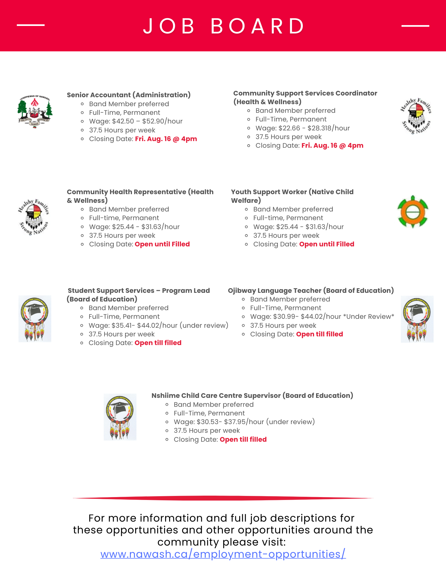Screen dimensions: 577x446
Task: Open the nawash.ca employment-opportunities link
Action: (x=223, y=554)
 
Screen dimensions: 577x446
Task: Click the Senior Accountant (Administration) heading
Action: (x=129, y=95)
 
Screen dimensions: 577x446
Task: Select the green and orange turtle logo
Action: (x=413, y=212)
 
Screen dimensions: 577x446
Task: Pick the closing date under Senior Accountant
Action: (x=166, y=139)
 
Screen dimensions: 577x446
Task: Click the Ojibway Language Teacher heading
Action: (x=311, y=291)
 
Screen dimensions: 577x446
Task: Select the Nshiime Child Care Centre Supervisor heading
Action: (x=252, y=396)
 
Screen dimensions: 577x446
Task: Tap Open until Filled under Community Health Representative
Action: (x=162, y=244)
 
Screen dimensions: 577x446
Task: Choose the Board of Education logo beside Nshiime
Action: (x=120, y=417)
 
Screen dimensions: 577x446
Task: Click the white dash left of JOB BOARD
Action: (x=31, y=25)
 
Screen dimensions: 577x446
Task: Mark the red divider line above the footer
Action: (x=223, y=498)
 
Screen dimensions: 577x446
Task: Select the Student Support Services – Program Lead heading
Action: (x=139, y=295)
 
